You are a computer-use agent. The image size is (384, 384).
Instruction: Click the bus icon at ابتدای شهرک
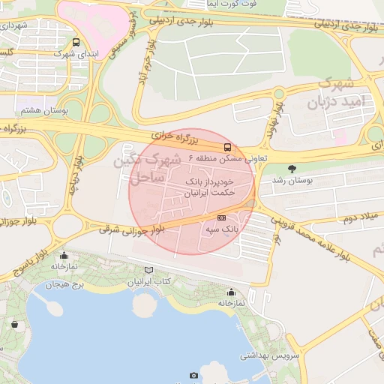tap(76, 43)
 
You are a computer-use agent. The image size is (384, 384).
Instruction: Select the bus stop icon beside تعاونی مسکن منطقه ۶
tap(228, 148)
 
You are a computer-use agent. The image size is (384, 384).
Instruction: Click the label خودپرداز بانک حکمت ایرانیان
tap(208, 187)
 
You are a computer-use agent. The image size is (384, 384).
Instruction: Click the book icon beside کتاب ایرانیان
tap(148, 270)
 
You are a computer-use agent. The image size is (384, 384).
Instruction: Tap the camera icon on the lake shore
tap(194, 375)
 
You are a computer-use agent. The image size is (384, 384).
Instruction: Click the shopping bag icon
tap(14, 324)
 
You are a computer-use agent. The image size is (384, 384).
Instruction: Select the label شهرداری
tap(14, 25)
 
